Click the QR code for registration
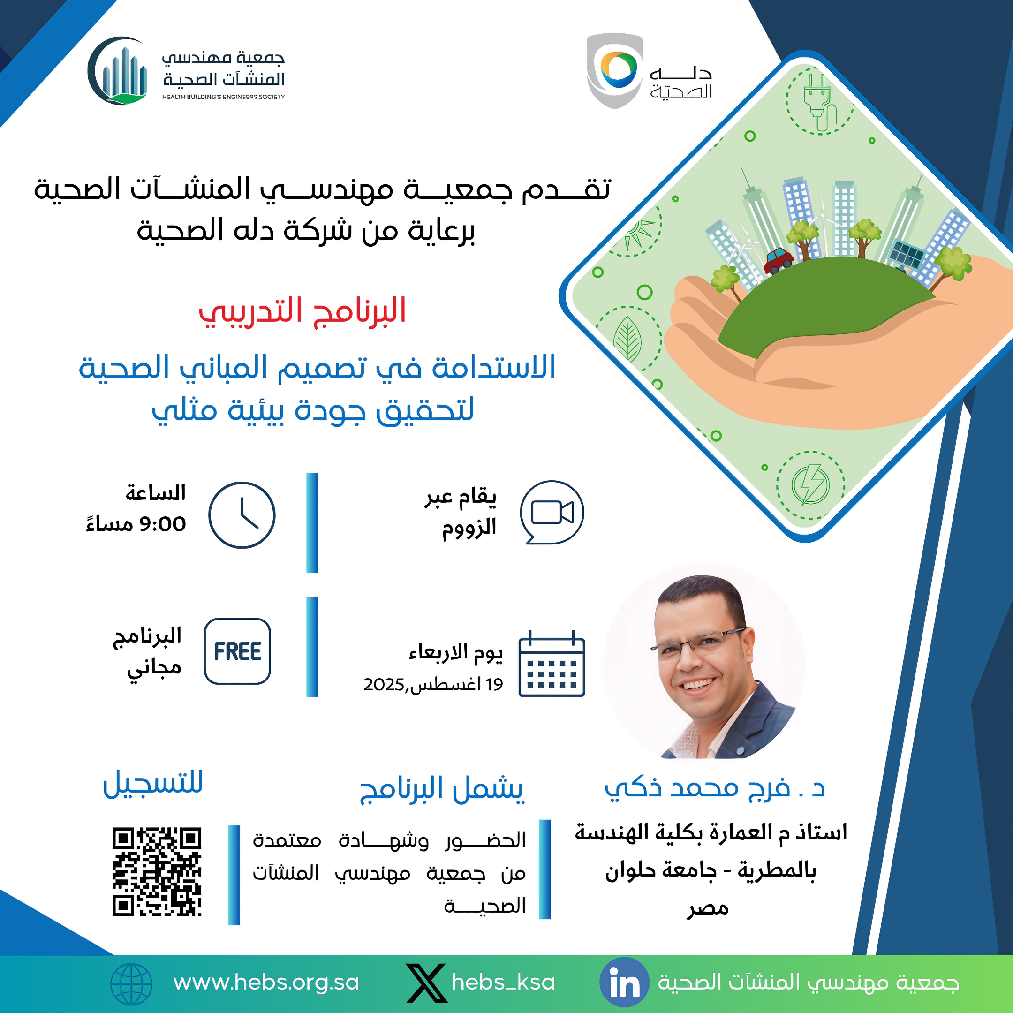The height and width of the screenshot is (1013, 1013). pos(157,872)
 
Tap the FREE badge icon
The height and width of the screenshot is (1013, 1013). pos(237,651)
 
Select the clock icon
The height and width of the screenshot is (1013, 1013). pos(242,515)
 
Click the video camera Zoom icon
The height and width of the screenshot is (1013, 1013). pos(552,512)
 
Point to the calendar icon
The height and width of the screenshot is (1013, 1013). pos(552,664)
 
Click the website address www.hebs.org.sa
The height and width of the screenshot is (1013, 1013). pos(266,982)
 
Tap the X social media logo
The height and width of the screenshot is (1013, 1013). pos(426,983)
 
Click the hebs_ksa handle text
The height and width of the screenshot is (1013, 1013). pos(503,982)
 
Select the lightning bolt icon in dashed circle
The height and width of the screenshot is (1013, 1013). pos(810,485)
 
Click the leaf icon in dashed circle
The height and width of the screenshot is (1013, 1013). pos(627,339)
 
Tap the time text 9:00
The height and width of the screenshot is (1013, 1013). pos(162,524)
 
